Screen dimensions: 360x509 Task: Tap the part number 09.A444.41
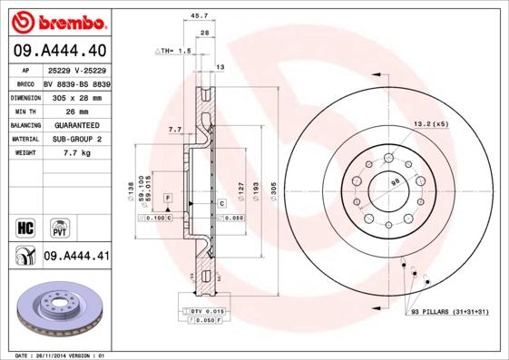coord(76,258)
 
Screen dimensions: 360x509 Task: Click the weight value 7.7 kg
coord(76,153)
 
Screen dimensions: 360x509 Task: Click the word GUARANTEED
coord(76,124)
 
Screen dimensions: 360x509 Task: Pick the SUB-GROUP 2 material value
coord(76,139)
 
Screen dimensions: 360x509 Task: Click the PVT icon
coord(59,227)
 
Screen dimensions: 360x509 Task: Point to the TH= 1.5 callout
coord(173,52)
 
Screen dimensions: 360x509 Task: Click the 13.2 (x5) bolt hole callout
coord(431,122)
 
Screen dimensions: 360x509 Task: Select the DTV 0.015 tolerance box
coord(208,311)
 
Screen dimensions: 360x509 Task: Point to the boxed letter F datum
coord(168,197)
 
